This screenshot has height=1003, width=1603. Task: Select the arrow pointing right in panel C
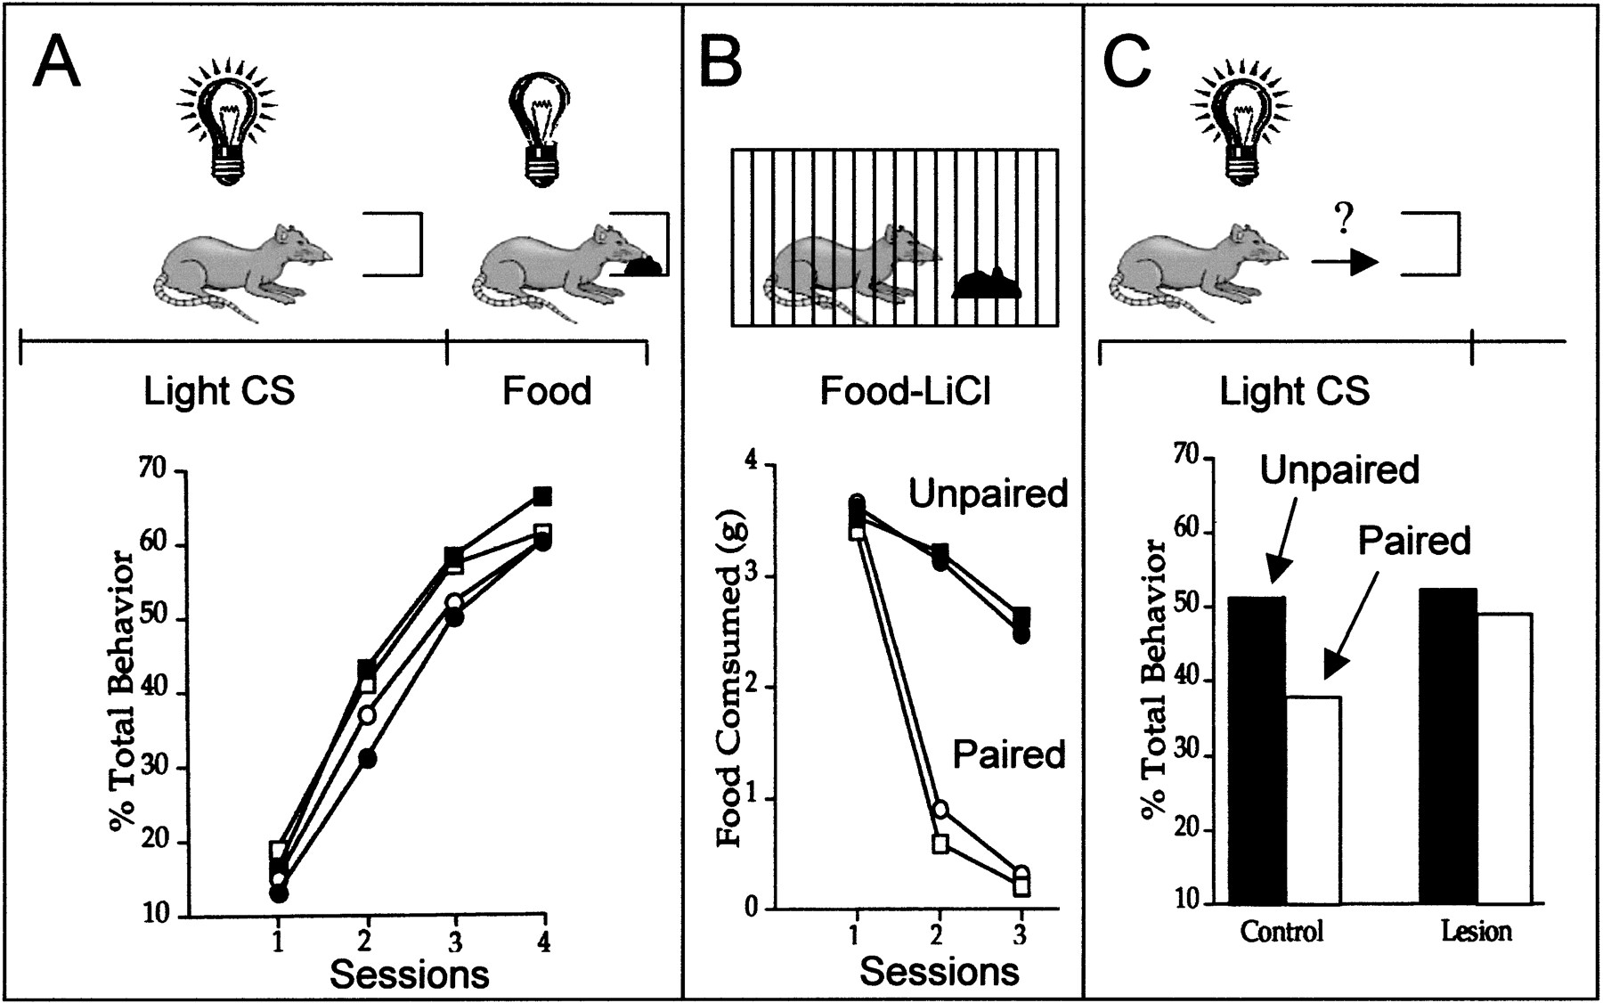click(1345, 262)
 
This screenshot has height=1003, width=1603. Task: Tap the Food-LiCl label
click(905, 392)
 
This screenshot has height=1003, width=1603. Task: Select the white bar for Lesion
click(1504, 758)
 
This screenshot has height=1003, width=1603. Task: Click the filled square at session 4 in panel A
click(542, 495)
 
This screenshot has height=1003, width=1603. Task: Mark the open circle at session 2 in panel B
click(940, 810)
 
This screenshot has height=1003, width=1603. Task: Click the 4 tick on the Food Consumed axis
click(752, 463)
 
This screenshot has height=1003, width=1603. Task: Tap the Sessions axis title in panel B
click(939, 970)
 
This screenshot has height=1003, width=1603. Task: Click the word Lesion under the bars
click(1476, 933)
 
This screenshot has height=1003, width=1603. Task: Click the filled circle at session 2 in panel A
click(367, 758)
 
